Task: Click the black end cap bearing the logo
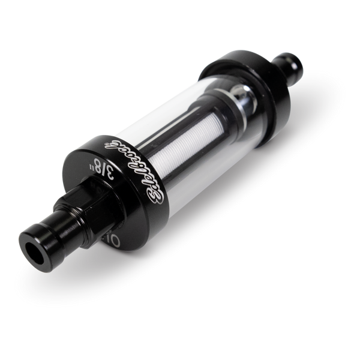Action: [129, 186]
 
